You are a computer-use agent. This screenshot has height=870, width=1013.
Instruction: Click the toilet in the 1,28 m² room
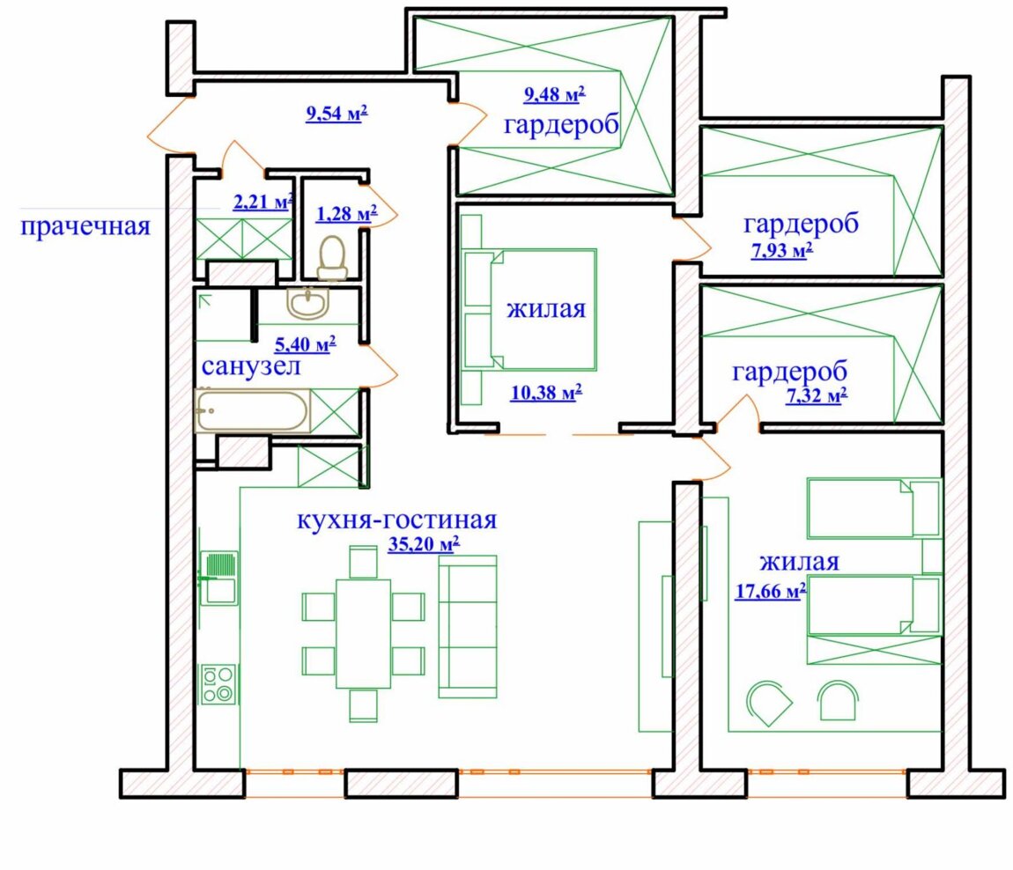pyautogui.click(x=332, y=258)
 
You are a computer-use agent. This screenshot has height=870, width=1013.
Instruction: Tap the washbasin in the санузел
pyautogui.click(x=308, y=303)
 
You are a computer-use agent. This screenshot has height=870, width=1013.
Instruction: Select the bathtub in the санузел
pyautogui.click(x=253, y=410)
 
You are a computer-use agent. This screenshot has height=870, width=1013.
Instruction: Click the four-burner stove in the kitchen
pyautogui.click(x=219, y=684)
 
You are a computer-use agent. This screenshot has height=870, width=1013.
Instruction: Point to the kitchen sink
pyautogui.click(x=219, y=578)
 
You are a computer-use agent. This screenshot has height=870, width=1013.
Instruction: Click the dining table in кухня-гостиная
pyautogui.click(x=363, y=634)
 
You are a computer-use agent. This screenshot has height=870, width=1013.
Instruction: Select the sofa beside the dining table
pyautogui.click(x=468, y=626)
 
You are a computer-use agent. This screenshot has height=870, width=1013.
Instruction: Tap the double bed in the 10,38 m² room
pyautogui.click(x=543, y=309)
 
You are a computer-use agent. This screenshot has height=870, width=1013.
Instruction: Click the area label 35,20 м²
pyautogui.click(x=424, y=544)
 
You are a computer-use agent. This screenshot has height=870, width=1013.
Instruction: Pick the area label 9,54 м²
pyautogui.click(x=336, y=114)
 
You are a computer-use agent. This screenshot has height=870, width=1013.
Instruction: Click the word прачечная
pyautogui.click(x=85, y=227)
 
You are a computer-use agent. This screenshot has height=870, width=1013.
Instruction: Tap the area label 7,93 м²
pyautogui.click(x=781, y=249)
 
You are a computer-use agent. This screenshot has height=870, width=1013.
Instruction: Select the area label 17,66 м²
pyautogui.click(x=771, y=590)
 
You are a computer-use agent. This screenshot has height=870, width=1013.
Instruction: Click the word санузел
pyautogui.click(x=251, y=366)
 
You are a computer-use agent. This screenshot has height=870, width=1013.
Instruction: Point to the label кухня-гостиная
pyautogui.click(x=396, y=520)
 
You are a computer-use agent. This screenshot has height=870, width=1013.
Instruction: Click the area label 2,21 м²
pyautogui.click(x=263, y=202)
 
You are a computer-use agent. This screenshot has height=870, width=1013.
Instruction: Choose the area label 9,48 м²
pyautogui.click(x=554, y=95)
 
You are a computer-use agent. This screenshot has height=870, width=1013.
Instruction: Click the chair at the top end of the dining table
pyautogui.click(x=363, y=562)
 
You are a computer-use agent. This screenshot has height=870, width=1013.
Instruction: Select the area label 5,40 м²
pyautogui.click(x=306, y=343)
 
